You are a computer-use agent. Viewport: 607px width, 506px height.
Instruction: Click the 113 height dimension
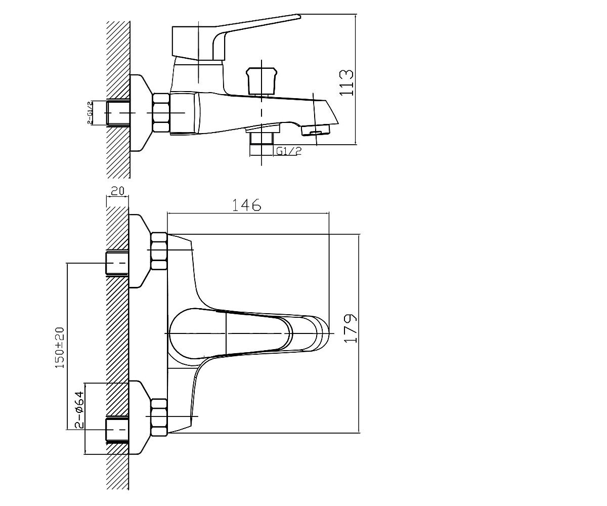pos(346,82)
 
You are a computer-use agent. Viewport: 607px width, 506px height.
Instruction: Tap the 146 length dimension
pos(246,205)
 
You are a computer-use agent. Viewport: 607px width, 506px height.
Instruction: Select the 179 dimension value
pos(351,328)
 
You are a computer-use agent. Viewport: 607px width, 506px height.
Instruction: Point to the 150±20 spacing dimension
pos(60,348)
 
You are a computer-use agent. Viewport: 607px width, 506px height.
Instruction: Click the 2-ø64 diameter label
pos(79,410)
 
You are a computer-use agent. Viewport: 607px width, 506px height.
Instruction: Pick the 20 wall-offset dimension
pos(117,191)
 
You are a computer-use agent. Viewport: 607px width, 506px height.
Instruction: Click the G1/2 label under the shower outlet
pos(289,151)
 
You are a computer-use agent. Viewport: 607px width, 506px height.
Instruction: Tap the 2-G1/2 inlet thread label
pos(90,112)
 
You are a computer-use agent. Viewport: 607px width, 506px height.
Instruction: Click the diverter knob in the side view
pos(262,81)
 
